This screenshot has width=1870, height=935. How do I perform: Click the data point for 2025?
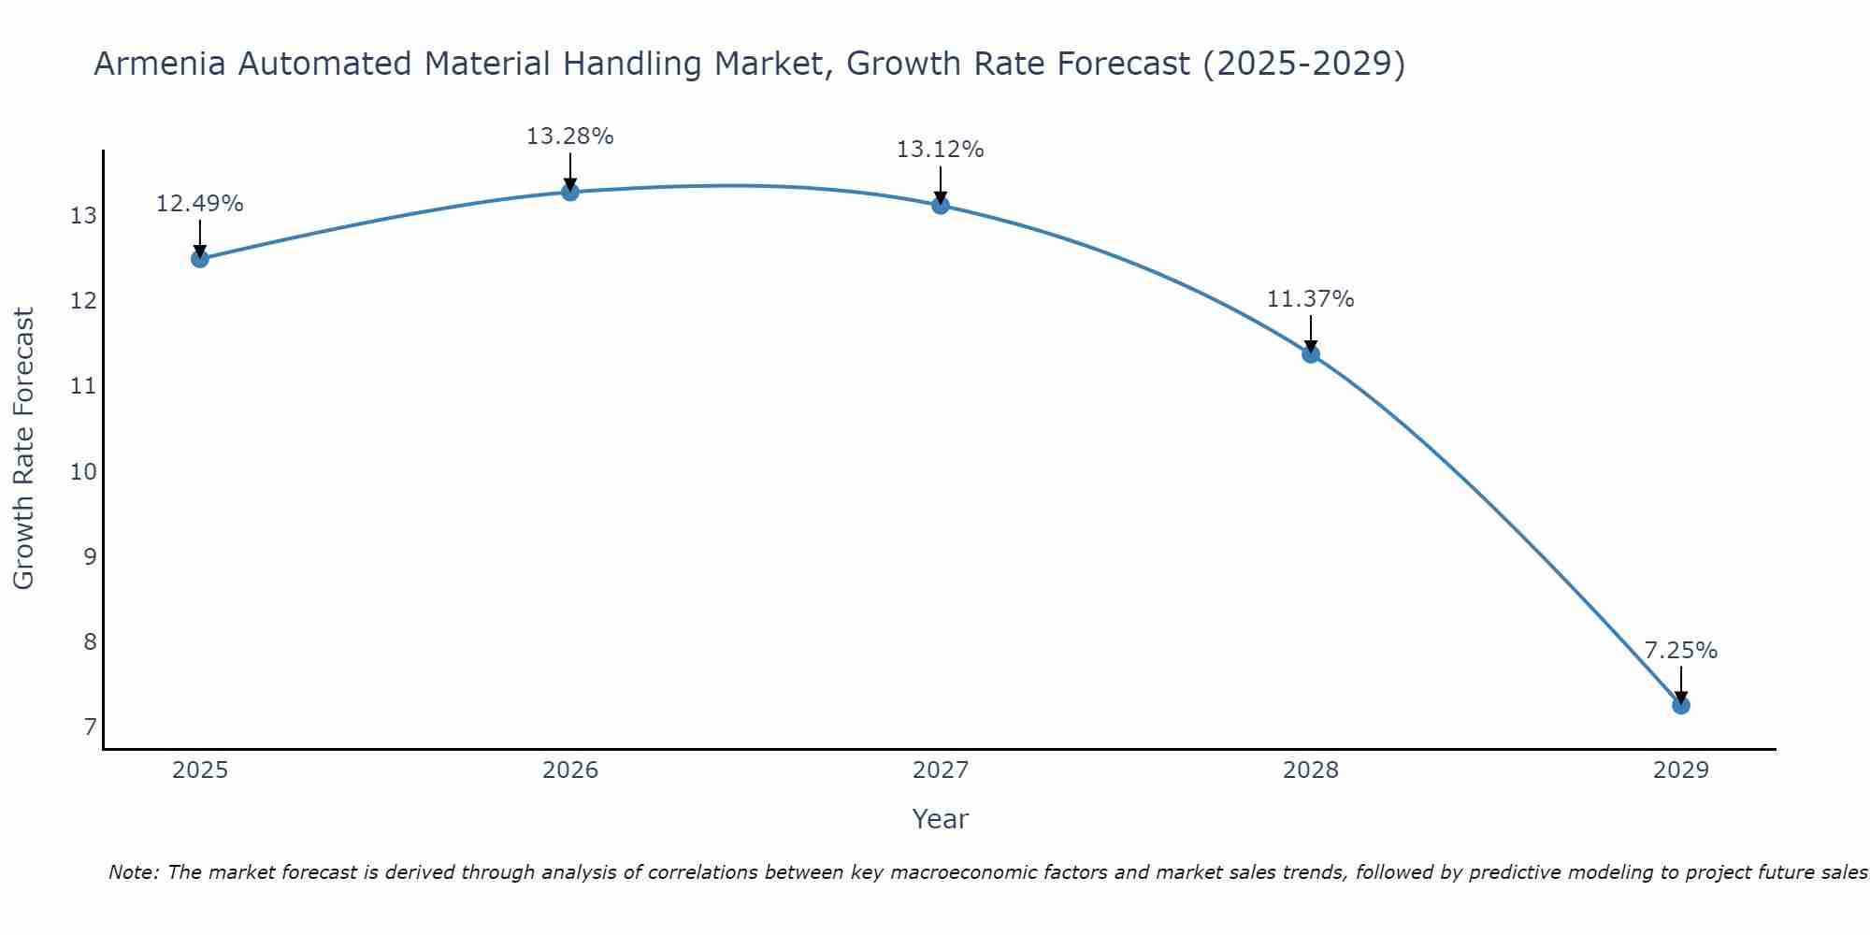(199, 259)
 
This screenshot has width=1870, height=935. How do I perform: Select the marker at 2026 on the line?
(569, 192)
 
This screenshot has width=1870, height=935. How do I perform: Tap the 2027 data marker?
(940, 205)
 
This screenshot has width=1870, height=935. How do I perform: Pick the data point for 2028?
(1310, 353)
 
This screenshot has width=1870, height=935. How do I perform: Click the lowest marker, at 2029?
(1680, 705)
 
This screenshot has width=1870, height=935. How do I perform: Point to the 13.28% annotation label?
(569, 137)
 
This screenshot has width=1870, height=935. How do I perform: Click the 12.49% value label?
(199, 204)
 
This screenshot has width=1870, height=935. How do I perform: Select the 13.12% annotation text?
(940, 150)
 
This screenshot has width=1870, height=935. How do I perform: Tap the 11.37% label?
(1310, 299)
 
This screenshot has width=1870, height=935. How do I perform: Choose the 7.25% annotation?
(1680, 651)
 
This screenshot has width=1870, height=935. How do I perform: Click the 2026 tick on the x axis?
(569, 770)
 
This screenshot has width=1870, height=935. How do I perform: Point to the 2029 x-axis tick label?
(1680, 770)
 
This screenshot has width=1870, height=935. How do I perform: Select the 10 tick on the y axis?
(84, 471)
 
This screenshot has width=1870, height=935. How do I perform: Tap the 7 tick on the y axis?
(90, 726)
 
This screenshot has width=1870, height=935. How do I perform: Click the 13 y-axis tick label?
(84, 216)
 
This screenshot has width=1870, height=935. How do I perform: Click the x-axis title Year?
(940, 819)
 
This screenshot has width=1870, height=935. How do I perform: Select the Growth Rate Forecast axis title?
(24, 449)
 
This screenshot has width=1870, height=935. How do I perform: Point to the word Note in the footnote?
(134, 872)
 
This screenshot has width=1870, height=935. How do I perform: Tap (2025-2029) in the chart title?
(1303, 64)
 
